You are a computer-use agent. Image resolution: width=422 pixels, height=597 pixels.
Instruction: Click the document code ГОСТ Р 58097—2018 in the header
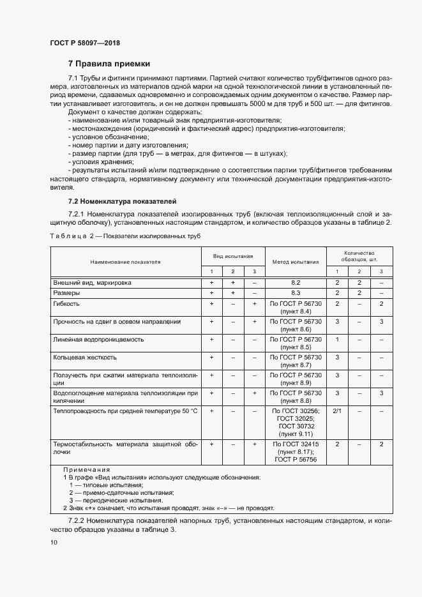(84, 43)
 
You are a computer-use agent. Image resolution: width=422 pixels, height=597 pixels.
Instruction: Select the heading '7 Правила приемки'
(109, 64)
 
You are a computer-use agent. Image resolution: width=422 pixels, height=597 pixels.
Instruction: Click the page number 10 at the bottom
(54, 542)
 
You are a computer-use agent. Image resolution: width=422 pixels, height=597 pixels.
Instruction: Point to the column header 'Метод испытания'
(296, 262)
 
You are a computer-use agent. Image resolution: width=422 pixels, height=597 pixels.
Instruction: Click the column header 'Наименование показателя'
(125, 262)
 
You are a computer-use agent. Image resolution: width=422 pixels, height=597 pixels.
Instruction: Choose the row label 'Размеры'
(66, 292)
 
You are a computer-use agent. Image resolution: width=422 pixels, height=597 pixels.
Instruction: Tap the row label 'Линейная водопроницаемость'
(98, 339)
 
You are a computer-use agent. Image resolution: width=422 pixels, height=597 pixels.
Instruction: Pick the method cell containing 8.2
(296, 282)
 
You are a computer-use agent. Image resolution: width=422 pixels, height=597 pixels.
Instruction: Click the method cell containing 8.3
(296, 292)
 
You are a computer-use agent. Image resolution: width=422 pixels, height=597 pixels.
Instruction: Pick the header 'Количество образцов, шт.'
(359, 257)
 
